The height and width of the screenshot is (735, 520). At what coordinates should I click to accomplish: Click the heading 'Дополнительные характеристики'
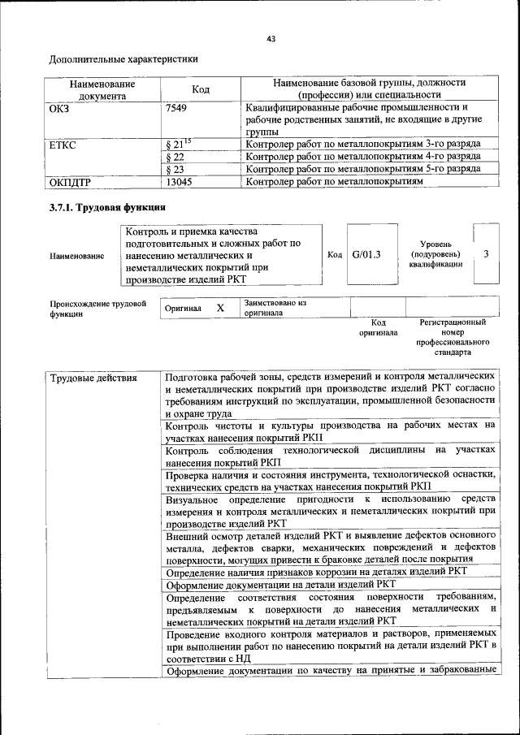coord(123,59)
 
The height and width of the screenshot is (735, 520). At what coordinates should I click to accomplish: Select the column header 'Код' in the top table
coord(200,89)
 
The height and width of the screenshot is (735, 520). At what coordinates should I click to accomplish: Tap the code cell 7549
coord(177,107)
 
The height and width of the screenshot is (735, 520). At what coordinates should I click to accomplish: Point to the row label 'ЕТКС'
coord(64,145)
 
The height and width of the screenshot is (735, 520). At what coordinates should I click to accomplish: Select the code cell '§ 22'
coord(175,157)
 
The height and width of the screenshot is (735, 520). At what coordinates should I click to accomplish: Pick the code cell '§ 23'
coord(175,169)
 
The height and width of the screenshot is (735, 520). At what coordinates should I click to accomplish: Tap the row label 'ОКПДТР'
coord(74,182)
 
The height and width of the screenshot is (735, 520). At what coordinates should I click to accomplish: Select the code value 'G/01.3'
coord(367,254)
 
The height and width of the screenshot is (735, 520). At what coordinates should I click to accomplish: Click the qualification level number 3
coord(486,254)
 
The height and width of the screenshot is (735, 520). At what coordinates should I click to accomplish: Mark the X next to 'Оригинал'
coord(219,309)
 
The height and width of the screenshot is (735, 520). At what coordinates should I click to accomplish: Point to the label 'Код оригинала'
coord(379,327)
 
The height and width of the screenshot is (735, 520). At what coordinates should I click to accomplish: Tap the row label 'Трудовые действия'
coord(93,378)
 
